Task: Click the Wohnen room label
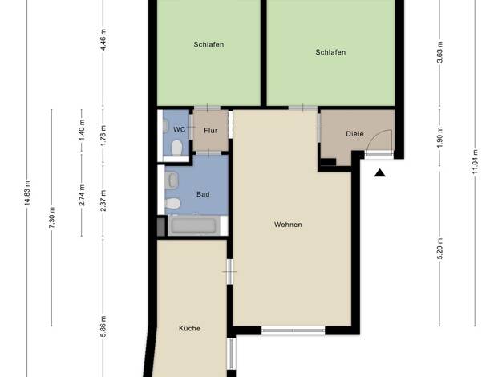pyautogui.click(x=288, y=225)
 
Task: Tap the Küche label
pyautogui.click(x=189, y=328)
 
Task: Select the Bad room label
pyautogui.click(x=203, y=194)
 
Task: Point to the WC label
pyautogui.click(x=180, y=129)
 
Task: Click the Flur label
pyautogui.click(x=211, y=131)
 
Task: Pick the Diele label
pyautogui.click(x=354, y=134)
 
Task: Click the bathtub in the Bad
pyautogui.click(x=194, y=226)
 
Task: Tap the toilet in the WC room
pyautogui.click(x=176, y=148)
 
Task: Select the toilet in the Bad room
pyautogui.click(x=172, y=203)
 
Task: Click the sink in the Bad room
pyautogui.click(x=172, y=180)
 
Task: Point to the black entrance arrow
pyautogui.click(x=379, y=173)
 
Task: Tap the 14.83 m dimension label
pyautogui.click(x=27, y=193)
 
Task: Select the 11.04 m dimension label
pyautogui.click(x=475, y=162)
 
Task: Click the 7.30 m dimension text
pyautogui.click(x=52, y=218)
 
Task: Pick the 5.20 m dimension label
pyautogui.click(x=440, y=249)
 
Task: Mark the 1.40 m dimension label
pyautogui.click(x=82, y=129)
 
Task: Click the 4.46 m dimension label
pyautogui.click(x=103, y=40)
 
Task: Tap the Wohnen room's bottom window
pyautogui.click(x=294, y=330)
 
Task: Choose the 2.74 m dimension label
pyautogui.click(x=82, y=195)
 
